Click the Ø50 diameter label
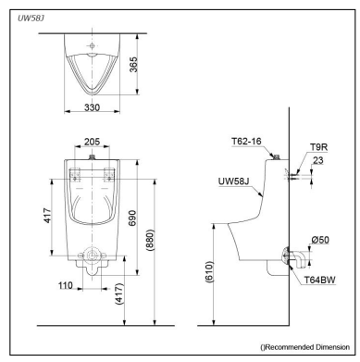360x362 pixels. coord(318,240)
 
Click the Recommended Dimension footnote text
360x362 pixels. coord(301,345)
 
